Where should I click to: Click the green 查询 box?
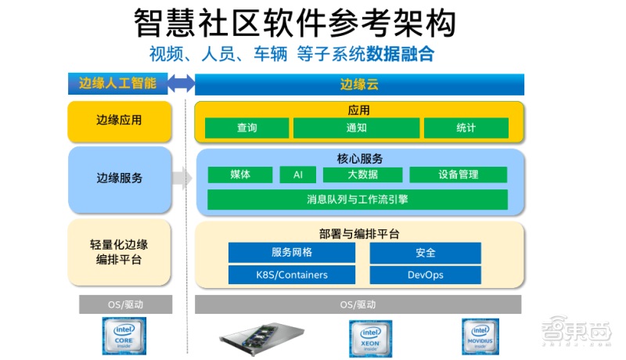246,128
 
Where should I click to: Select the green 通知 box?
356,128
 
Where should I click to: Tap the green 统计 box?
466,128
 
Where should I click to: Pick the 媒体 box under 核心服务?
240,175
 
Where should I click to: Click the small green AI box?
297,175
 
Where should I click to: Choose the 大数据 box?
362,175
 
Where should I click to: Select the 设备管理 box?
458,175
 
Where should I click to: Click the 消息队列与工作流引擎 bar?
357,200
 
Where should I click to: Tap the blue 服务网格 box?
291,252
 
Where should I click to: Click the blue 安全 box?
425,252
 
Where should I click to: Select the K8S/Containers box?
291,275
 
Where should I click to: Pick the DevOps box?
425,275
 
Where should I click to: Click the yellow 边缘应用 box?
119,121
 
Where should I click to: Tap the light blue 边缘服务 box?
119,178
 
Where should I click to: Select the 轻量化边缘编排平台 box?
119,252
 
